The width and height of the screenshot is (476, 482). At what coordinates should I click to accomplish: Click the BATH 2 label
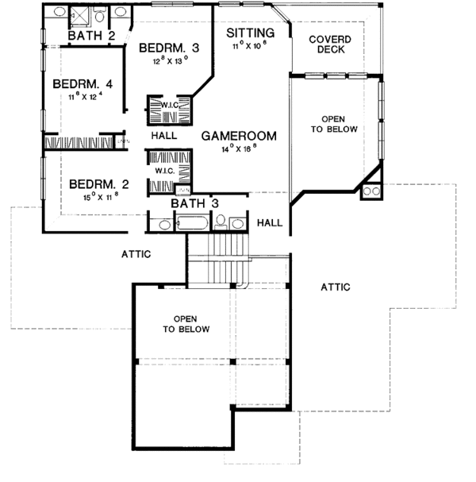click(91, 35)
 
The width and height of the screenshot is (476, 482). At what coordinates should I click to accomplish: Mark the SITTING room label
click(250, 33)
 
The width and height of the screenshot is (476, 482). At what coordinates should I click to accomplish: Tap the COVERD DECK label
click(330, 44)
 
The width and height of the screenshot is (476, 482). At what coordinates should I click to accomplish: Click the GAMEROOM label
click(238, 136)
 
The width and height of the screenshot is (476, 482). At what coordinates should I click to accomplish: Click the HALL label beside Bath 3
click(270, 223)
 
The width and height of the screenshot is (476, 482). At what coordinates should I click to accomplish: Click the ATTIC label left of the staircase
click(136, 254)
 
